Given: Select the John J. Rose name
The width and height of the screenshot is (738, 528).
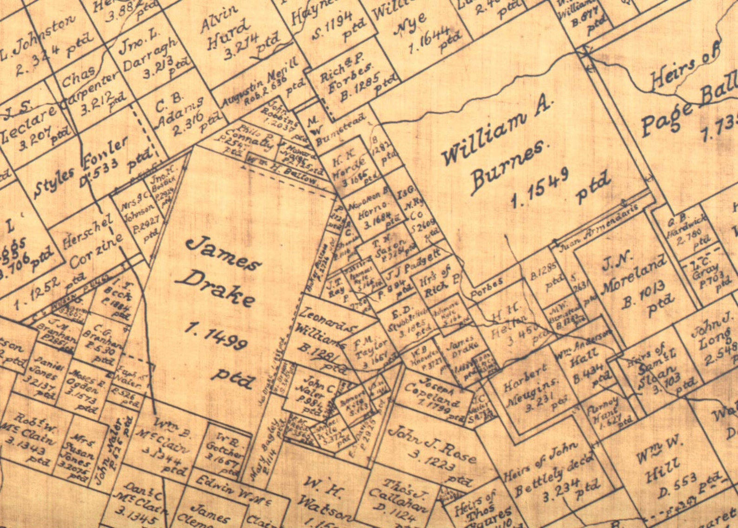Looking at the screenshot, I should [432, 443].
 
